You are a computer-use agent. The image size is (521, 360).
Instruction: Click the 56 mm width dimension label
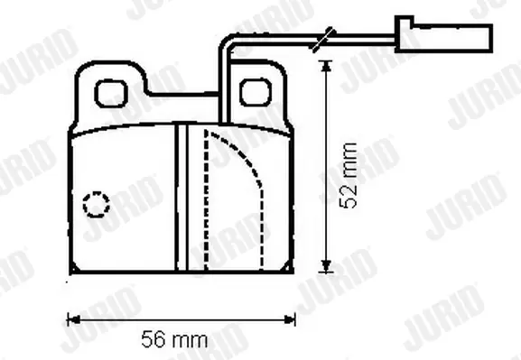click(x=175, y=339)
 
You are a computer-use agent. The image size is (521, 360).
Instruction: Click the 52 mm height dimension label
click(x=349, y=176)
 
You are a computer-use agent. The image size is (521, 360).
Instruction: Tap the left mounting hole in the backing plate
click(x=111, y=93)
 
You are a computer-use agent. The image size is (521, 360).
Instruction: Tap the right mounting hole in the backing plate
click(x=256, y=92)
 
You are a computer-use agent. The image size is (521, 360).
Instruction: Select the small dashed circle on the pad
click(x=97, y=204)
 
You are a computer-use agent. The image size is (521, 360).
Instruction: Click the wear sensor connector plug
click(x=443, y=34)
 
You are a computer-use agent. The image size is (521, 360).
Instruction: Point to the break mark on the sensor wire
click(x=324, y=40)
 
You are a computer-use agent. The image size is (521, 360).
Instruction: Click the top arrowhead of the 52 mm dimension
click(x=327, y=66)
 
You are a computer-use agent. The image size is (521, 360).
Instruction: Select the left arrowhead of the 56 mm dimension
click(x=73, y=319)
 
